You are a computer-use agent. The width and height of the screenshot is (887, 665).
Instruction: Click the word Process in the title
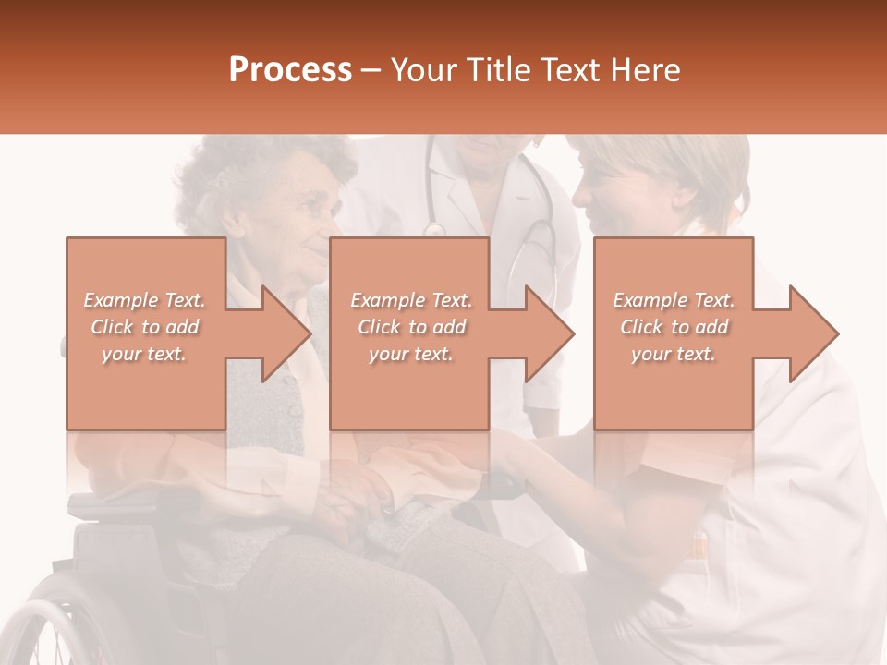tap(290, 70)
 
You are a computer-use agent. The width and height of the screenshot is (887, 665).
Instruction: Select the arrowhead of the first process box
tap(286, 333)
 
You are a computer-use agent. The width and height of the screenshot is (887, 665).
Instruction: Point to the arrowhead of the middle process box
tap(551, 333)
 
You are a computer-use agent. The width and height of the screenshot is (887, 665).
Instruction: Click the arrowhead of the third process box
tap(814, 333)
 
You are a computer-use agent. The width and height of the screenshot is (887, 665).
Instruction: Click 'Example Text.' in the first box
tap(144, 300)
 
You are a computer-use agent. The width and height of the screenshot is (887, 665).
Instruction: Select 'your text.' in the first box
tap(144, 354)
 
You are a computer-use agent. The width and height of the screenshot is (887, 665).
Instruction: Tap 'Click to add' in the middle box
tap(411, 327)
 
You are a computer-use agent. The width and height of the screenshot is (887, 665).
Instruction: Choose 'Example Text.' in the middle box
tap(411, 300)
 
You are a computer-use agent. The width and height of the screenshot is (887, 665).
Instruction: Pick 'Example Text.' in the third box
tap(674, 300)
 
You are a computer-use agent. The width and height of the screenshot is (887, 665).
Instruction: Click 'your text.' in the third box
tap(674, 354)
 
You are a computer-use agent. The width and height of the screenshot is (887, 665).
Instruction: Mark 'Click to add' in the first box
tap(144, 327)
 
